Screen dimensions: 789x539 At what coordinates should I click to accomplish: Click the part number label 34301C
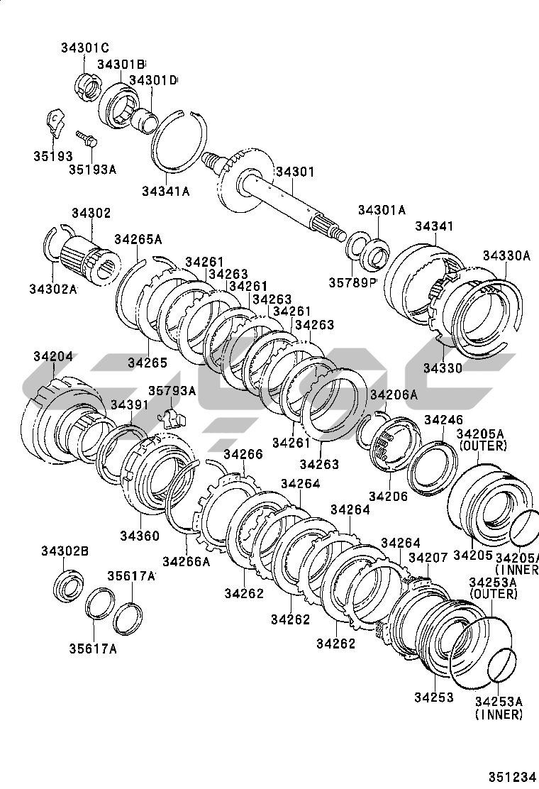[84, 48]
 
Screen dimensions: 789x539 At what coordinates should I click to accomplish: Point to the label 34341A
[165, 191]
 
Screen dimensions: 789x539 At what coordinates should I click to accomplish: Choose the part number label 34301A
[382, 209]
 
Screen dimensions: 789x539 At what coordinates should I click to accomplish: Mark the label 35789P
[351, 282]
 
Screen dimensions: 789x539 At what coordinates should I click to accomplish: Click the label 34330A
[506, 255]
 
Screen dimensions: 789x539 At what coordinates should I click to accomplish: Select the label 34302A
[53, 288]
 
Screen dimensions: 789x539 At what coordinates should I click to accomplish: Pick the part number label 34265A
[138, 238]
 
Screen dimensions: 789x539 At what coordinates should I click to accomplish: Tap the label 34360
[139, 535]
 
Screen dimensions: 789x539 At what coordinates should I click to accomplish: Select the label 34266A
[186, 561]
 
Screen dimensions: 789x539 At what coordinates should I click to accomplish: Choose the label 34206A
[394, 394]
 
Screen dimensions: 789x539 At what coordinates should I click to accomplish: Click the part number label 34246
[443, 420]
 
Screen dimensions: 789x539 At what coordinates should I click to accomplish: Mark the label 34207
[428, 558]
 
